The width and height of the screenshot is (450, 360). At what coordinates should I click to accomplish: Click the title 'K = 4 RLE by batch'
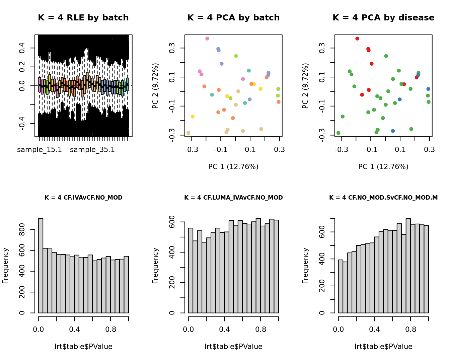(x=83, y=18)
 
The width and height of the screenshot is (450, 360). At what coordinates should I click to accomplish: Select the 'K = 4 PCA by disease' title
(x=383, y=18)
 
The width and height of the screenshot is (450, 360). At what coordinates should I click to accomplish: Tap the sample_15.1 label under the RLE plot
(x=40, y=150)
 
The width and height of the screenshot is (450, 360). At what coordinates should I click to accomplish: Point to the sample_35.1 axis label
(x=92, y=150)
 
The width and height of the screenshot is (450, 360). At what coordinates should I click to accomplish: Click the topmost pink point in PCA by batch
(x=207, y=39)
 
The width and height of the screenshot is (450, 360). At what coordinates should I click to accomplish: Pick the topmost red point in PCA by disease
(x=357, y=39)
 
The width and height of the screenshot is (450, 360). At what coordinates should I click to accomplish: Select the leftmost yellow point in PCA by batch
(x=193, y=117)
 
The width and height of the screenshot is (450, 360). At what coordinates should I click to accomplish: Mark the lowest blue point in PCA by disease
(x=393, y=131)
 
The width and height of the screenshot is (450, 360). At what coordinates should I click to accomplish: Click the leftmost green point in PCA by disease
(x=338, y=133)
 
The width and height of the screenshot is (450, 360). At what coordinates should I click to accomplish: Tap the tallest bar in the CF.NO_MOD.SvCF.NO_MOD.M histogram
(x=408, y=266)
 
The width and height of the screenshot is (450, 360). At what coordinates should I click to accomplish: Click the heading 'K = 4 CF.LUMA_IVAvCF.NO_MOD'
(x=233, y=198)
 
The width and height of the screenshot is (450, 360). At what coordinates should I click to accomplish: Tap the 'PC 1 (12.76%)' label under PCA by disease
(x=383, y=167)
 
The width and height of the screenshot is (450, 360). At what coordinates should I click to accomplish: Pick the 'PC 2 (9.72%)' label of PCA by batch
(x=155, y=86)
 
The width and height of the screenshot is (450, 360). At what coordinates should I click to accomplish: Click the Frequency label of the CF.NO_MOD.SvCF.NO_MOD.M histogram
(x=305, y=266)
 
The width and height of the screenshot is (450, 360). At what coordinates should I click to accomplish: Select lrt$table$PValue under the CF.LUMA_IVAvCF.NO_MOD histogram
(x=233, y=347)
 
